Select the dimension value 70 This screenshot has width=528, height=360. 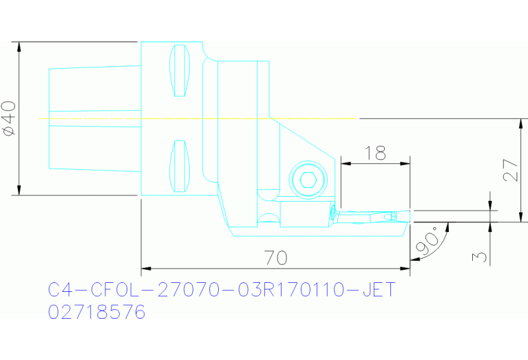click(275, 258)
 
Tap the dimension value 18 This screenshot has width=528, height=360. click(375, 153)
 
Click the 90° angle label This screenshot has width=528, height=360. click(425, 240)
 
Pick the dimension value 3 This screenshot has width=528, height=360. click(481, 257)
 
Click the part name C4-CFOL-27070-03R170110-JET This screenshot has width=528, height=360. click(222, 290)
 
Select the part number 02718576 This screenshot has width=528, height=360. click(96, 313)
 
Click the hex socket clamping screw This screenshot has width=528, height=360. click(307, 181)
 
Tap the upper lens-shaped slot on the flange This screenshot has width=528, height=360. click(180, 71)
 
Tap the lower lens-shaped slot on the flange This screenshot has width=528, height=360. click(180, 167)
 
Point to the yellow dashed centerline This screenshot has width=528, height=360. click(200, 119)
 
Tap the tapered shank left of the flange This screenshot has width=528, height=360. click(94, 118)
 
